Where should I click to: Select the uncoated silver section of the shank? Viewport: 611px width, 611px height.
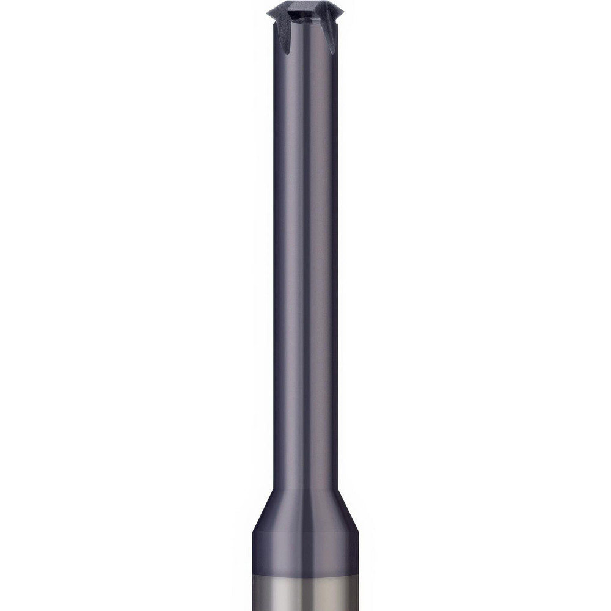pyautogui.click(x=305, y=593)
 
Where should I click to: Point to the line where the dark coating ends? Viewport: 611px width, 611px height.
pyautogui.click(x=305, y=576)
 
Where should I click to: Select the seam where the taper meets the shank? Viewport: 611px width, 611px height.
pyautogui.click(x=305, y=533)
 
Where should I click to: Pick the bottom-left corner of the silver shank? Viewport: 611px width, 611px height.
pyautogui.click(x=254, y=609)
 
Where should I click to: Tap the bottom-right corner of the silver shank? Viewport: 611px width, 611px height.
pyautogui.click(x=358, y=609)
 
